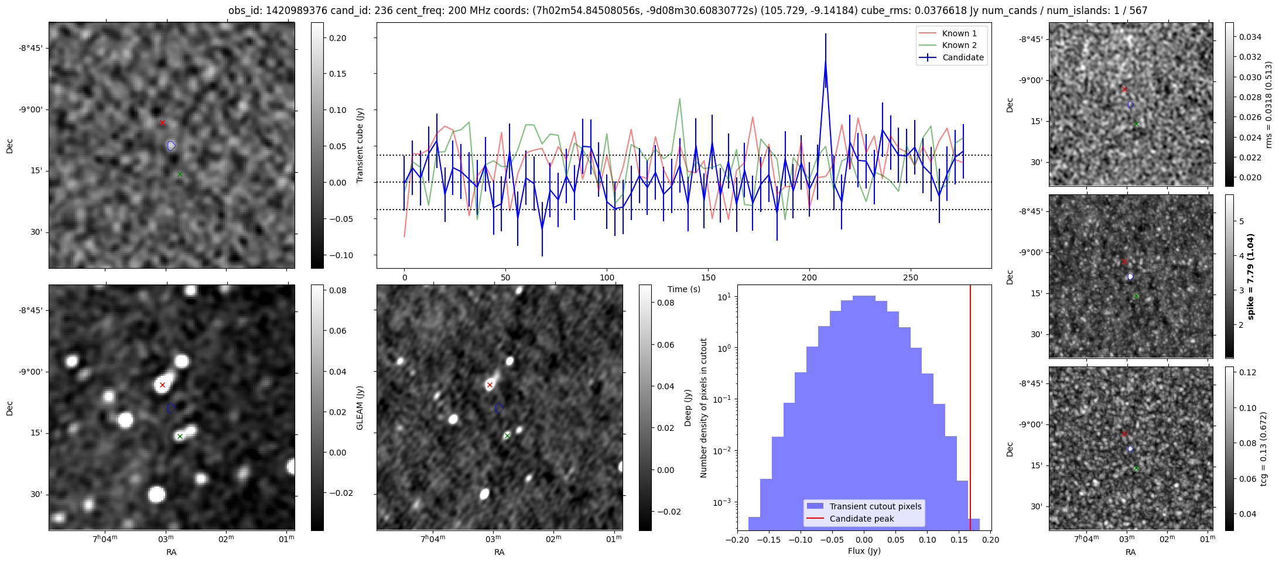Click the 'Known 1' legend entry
pos(959,33)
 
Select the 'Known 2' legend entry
pos(959,45)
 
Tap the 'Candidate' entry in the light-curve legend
pos(963,57)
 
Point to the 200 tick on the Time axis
pos(809,277)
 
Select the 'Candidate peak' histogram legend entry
pos(861,519)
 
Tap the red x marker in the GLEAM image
pos(162,385)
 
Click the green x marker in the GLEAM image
pos(180,436)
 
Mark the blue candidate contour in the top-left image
pos(171,146)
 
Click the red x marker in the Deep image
pos(490,385)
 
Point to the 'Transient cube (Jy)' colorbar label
pos(360,145)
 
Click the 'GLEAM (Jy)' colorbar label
pos(360,407)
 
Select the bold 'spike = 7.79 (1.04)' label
pos(1251,276)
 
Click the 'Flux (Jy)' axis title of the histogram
pos(864,551)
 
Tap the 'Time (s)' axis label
pos(684,289)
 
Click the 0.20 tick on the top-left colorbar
pos(337,38)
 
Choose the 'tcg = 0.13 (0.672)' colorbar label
pos(1264,448)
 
